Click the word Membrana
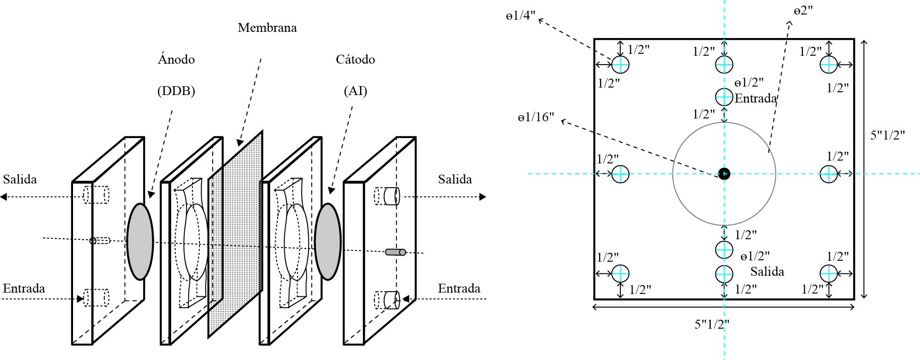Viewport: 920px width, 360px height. (x=267, y=28)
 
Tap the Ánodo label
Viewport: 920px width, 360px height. (x=176, y=59)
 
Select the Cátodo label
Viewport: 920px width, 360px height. (x=355, y=59)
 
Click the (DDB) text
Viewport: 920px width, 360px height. (x=176, y=91)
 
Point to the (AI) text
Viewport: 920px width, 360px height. (x=355, y=91)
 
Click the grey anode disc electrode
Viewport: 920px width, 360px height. (x=140, y=242)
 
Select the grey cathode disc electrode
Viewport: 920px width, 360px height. (x=328, y=242)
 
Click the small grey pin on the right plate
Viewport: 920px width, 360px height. (x=396, y=252)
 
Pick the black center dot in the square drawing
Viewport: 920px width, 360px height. (x=724, y=174)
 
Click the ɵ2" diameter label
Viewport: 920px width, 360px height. (x=802, y=10)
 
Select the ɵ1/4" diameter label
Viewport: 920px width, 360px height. (x=520, y=16)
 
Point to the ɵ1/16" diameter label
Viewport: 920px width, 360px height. (x=536, y=117)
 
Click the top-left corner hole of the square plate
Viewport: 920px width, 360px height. (x=620, y=64)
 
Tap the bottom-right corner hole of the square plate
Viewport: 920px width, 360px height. (x=829, y=273)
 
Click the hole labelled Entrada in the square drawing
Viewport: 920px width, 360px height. (x=724, y=97)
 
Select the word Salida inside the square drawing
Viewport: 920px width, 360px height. (x=767, y=272)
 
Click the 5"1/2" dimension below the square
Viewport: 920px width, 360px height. (x=712, y=324)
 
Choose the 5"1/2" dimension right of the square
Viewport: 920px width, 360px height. (x=888, y=135)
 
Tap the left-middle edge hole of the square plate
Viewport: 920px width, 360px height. (x=620, y=174)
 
